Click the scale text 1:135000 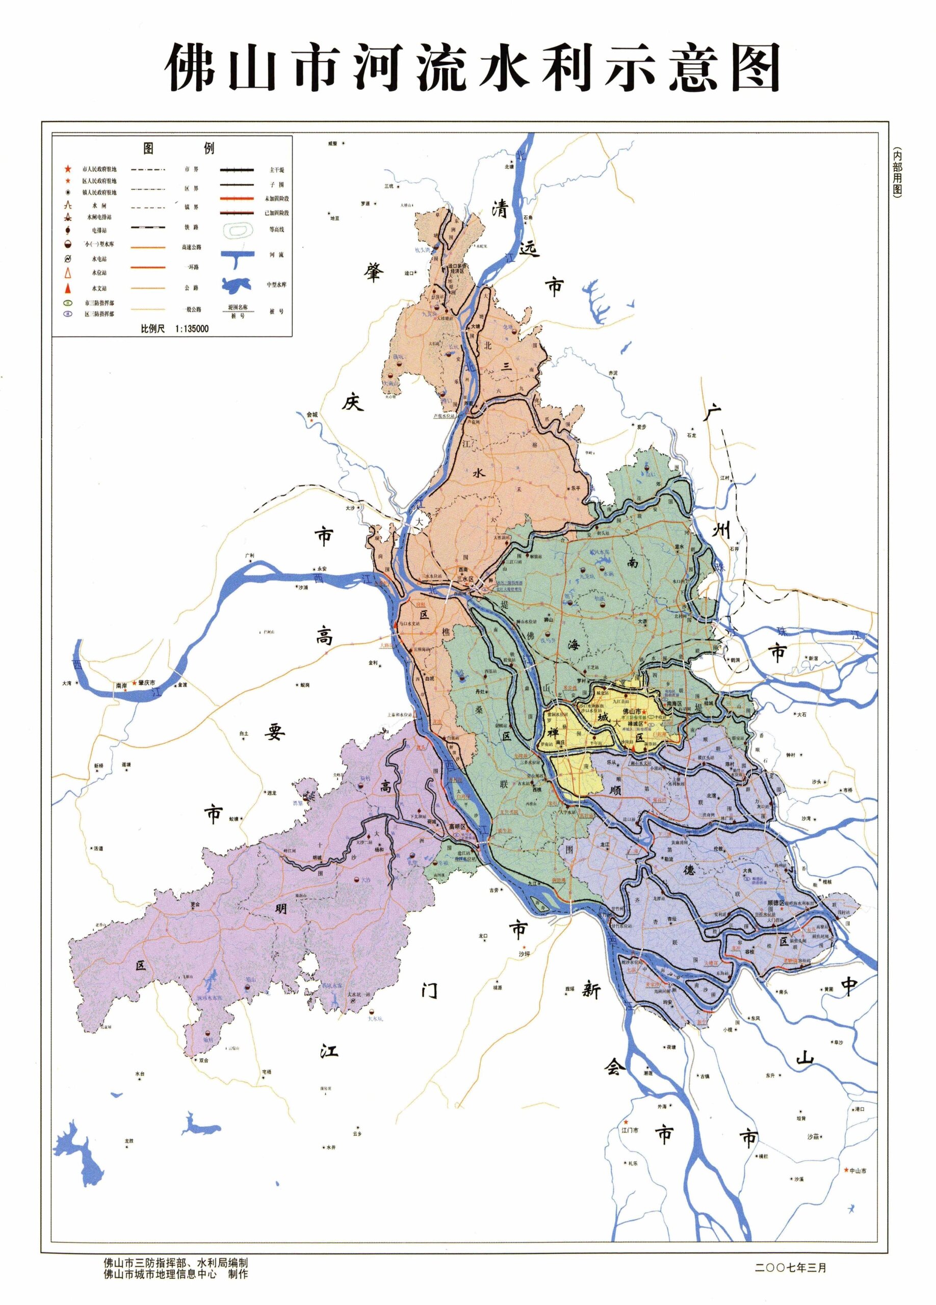191,329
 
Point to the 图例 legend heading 178,148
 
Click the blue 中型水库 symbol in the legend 236,284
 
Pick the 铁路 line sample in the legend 148,227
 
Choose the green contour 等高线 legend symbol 236,230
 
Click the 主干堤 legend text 277,170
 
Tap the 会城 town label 312,414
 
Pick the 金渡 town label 182,685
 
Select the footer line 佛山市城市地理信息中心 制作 175,1274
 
